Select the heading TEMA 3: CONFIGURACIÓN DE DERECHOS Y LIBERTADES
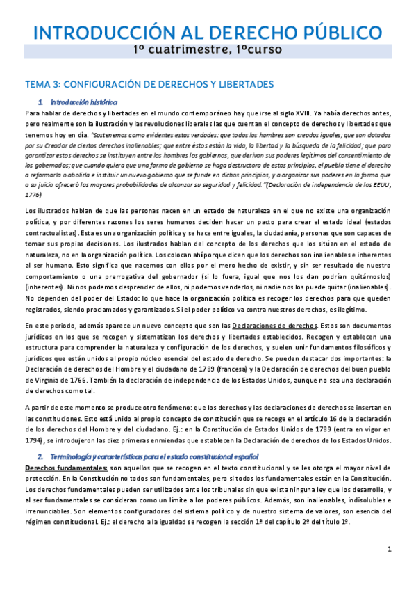(x=149, y=84)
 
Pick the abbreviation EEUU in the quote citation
(x=381, y=184)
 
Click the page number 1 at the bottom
(x=390, y=550)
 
